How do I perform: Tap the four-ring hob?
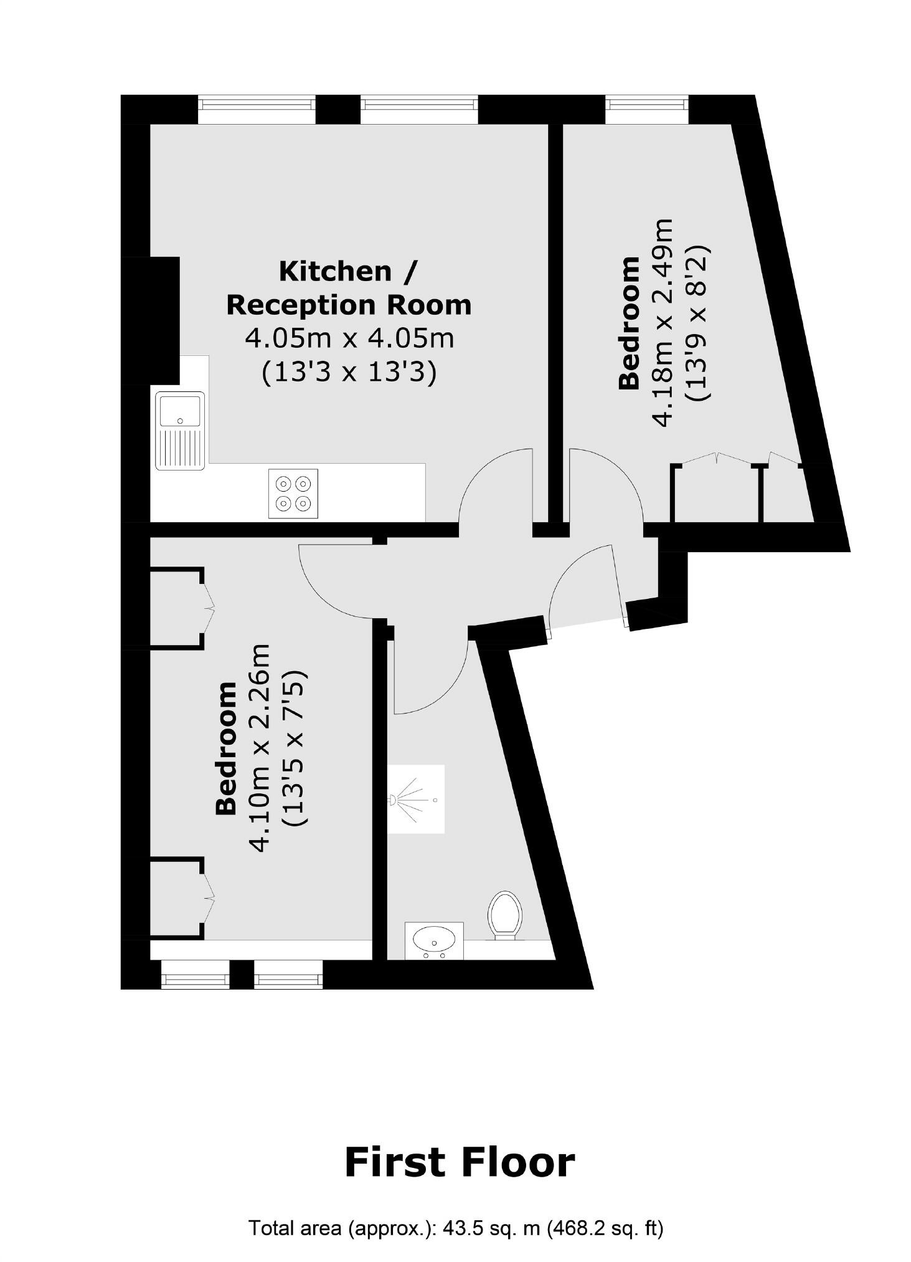pyautogui.click(x=293, y=493)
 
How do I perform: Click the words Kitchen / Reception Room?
pyautogui.click(x=348, y=288)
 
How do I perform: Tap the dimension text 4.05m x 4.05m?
pyautogui.click(x=349, y=338)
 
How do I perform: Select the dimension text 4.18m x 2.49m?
pyautogui.click(x=663, y=322)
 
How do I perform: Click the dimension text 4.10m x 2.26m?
pyautogui.click(x=259, y=747)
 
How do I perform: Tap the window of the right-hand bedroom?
pyautogui.click(x=646, y=109)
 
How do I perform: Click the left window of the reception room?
pyautogui.click(x=257, y=109)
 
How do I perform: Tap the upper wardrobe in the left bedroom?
pyautogui.click(x=177, y=607)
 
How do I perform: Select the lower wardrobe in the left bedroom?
pyautogui.click(x=177, y=897)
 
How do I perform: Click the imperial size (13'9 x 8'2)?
pyautogui.click(x=697, y=322)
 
